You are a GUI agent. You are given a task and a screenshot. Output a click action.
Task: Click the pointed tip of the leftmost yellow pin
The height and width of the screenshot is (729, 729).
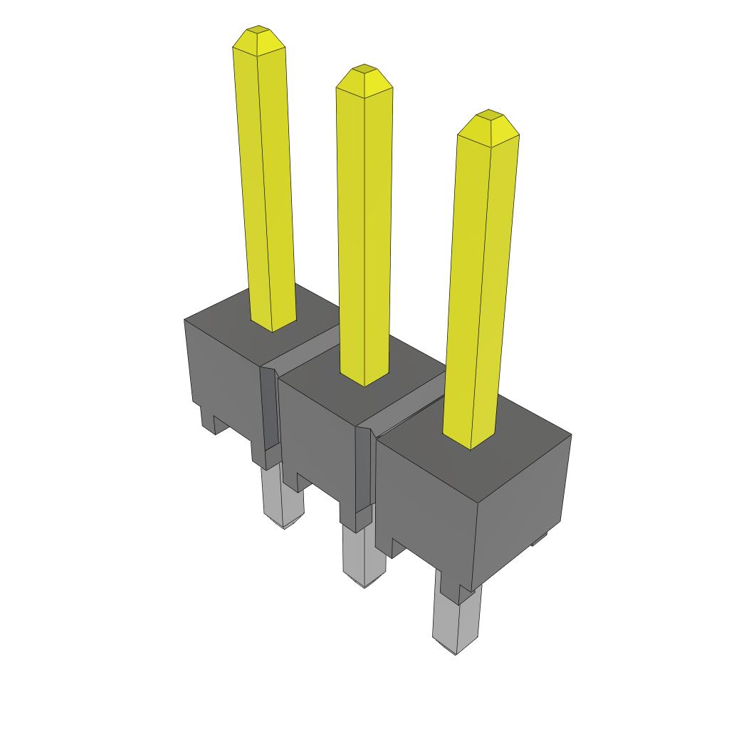click(258, 39)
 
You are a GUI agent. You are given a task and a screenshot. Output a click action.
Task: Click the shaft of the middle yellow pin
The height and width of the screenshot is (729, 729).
click(364, 235)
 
